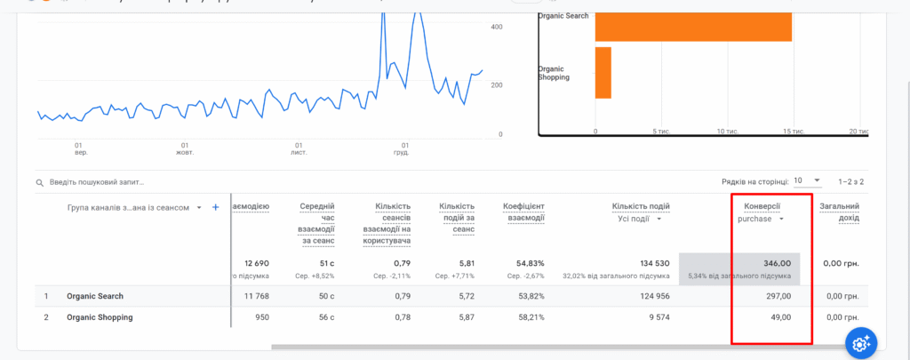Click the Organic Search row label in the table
(x=94, y=296)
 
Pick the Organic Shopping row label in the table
(x=99, y=317)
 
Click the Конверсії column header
(x=762, y=206)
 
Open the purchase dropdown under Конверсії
(x=762, y=219)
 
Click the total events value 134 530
(x=650, y=263)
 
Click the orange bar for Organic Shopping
(x=603, y=72)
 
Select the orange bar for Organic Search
(x=693, y=25)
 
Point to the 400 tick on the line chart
(x=497, y=28)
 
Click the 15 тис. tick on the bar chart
(x=793, y=132)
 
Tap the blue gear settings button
(x=860, y=343)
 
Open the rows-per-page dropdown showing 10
(x=807, y=180)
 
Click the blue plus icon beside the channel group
(x=215, y=207)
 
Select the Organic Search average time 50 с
(x=329, y=296)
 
